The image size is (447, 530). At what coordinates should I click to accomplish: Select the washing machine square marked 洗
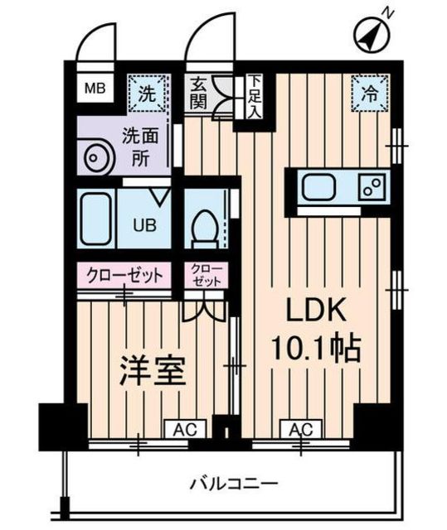point(145,93)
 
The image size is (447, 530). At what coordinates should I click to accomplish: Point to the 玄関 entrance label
point(197,93)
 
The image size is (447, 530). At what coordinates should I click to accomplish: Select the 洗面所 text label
point(143,146)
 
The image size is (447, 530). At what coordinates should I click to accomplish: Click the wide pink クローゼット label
point(124,274)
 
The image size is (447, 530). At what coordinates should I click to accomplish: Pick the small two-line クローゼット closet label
point(204,275)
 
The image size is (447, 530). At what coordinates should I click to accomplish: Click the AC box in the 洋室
point(185,428)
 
